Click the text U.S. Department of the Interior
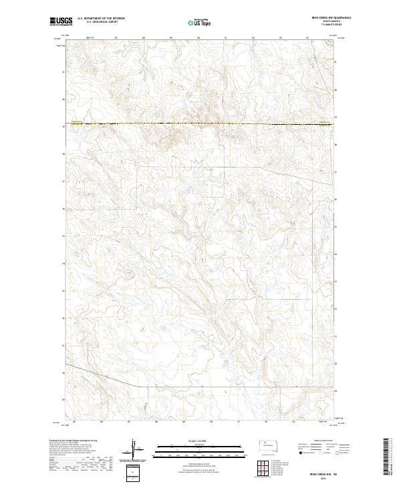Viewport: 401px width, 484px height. click(x=101, y=19)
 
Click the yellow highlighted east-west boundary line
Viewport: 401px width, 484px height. click(x=200, y=124)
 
